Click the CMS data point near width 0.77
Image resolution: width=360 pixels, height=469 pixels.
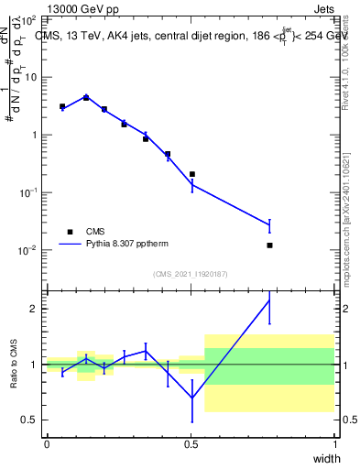click(269, 245)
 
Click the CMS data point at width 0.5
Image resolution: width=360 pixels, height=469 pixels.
click(191, 174)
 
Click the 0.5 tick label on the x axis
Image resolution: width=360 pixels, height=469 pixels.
click(191, 444)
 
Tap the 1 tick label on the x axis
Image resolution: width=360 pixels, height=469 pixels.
click(335, 444)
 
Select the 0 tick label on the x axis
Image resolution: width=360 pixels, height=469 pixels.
click(47, 444)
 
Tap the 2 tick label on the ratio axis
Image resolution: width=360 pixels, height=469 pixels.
click(31, 309)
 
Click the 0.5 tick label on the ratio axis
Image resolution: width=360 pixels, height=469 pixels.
click(27, 420)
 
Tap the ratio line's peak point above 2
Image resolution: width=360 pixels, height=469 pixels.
click(269, 300)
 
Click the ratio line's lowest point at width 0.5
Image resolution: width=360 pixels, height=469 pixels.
click(191, 398)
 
